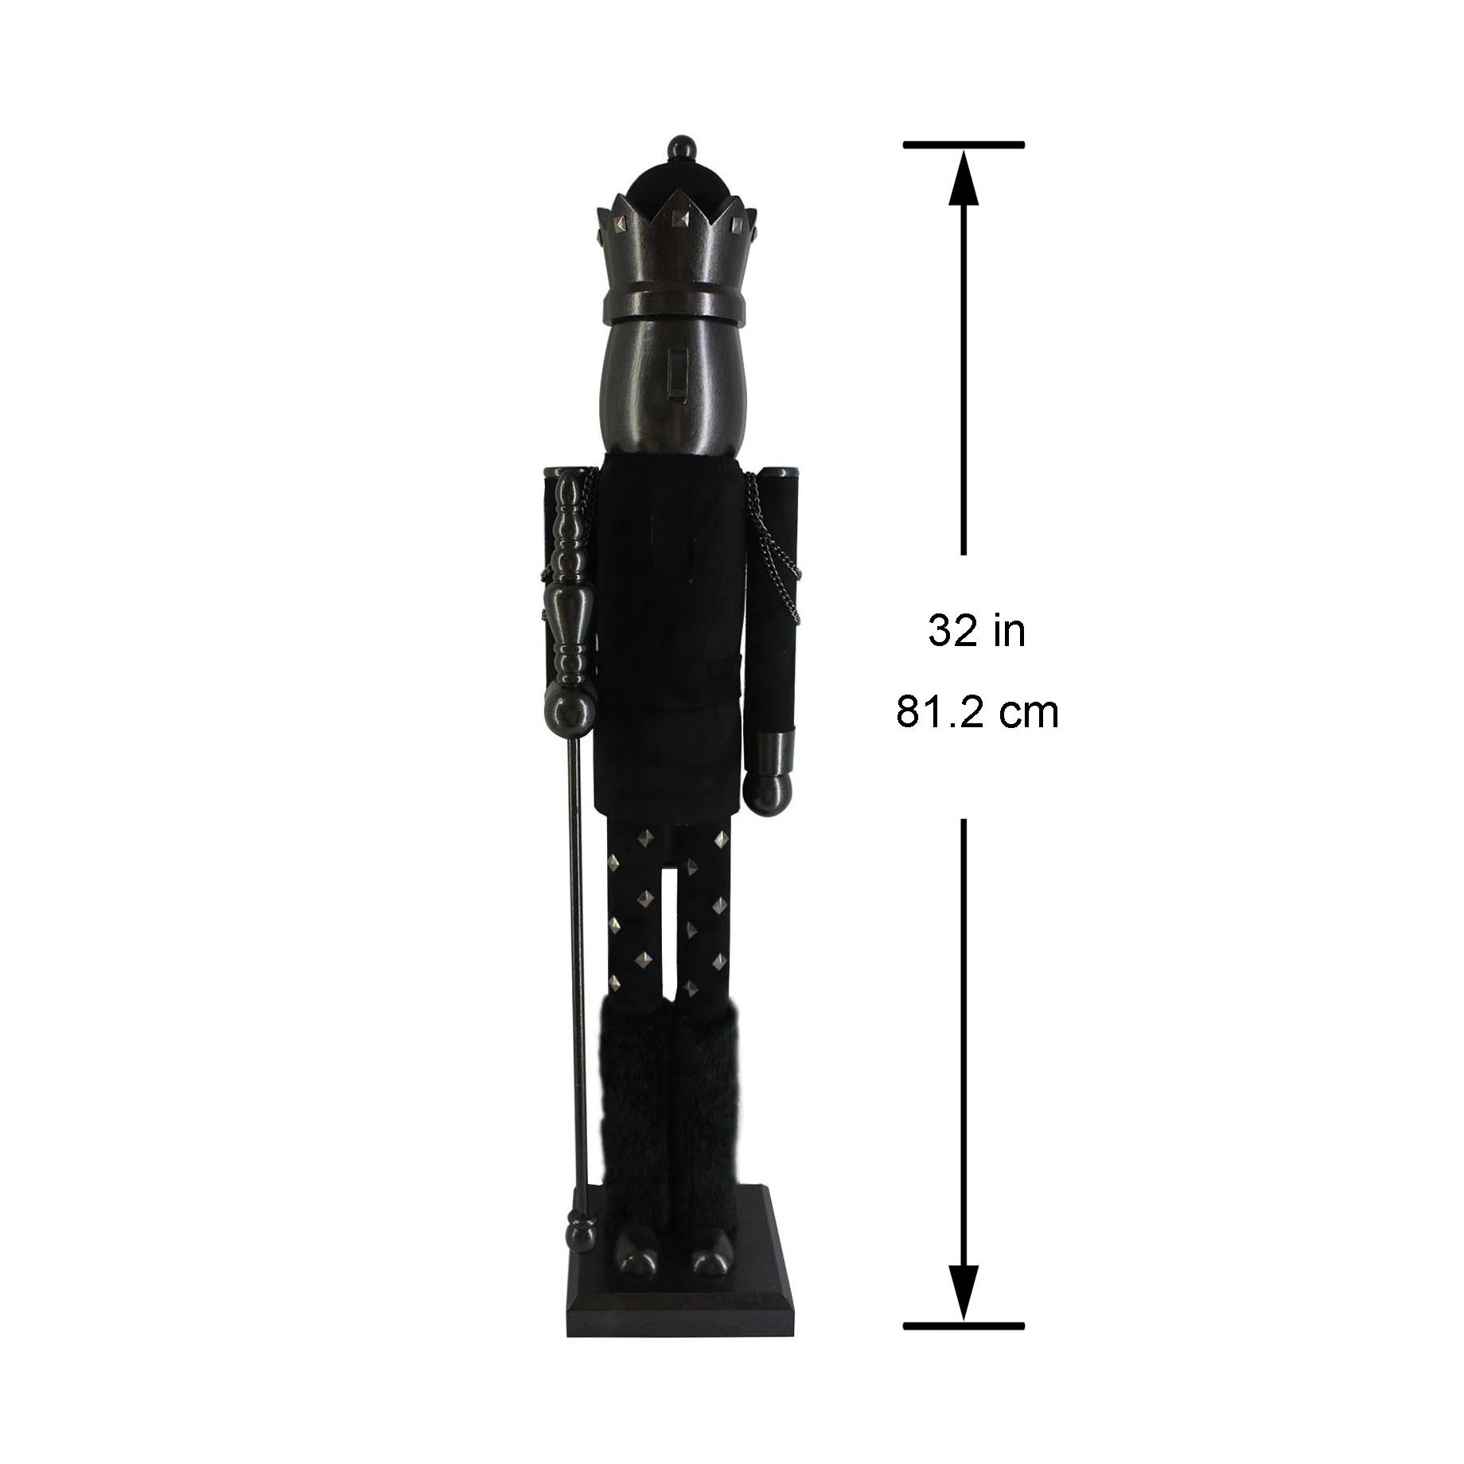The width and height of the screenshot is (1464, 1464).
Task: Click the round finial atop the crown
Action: [x=676, y=148]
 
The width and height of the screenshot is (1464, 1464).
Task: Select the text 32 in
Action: [x=976, y=632]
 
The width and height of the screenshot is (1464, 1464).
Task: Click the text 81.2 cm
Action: [x=977, y=712]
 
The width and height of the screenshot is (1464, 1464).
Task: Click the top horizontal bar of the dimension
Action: [x=964, y=145]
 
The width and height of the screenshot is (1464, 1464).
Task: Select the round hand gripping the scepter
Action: [x=570, y=710]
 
